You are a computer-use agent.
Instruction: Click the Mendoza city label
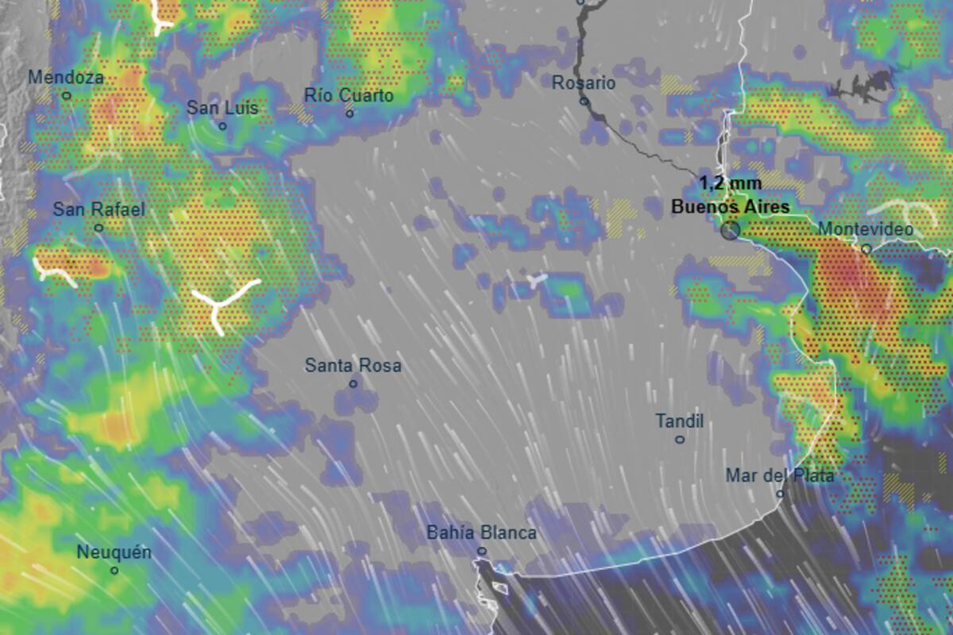(x=66, y=78)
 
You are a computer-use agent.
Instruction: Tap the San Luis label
(x=222, y=108)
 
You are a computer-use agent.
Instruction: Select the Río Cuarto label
(x=349, y=95)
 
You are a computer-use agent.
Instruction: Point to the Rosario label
(x=584, y=83)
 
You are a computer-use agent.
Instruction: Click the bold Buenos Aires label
(x=731, y=206)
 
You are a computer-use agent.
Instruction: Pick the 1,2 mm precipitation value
(x=731, y=183)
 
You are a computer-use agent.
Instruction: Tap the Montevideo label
(x=865, y=229)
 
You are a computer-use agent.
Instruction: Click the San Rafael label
(x=98, y=210)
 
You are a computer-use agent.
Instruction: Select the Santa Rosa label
(x=353, y=366)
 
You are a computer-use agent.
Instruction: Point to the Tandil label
(x=680, y=421)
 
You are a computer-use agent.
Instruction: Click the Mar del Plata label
(x=780, y=475)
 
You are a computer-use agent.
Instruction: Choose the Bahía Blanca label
(x=481, y=533)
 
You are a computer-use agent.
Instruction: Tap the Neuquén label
(x=114, y=552)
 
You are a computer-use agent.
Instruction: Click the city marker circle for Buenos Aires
(x=730, y=230)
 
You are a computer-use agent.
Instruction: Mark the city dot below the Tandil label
(x=680, y=439)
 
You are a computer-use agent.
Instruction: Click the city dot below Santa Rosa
(x=353, y=383)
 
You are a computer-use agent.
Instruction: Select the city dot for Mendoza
(x=67, y=96)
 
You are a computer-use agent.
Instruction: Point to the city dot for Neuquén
(x=114, y=570)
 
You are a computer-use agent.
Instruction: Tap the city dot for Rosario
(x=584, y=101)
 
